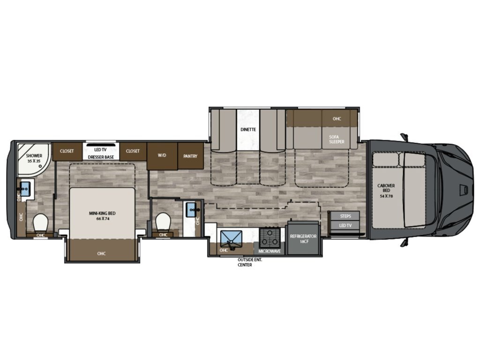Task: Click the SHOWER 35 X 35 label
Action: pos(34,158)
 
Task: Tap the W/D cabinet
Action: pos(162,156)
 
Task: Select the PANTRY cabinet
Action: pos(190,156)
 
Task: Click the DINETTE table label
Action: pos(248,129)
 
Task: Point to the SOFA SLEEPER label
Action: pos(337,139)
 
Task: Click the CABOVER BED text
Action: pos(386,188)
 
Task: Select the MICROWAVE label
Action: pos(270,251)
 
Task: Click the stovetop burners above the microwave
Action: pos(270,237)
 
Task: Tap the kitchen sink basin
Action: pos(231,239)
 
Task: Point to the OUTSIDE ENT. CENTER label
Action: pos(250,262)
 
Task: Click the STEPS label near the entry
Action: pos(345,216)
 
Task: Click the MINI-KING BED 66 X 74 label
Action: pos(102,216)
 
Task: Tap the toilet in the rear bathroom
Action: pos(40,223)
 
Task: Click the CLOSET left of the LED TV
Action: pos(67,151)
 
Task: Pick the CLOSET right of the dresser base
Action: pos(133,151)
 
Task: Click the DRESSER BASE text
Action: pos(101,157)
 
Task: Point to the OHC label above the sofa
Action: pos(337,119)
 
